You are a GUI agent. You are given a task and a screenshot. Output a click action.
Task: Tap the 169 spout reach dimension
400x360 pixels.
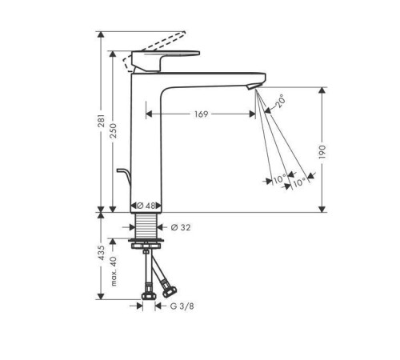click(x=201, y=114)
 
